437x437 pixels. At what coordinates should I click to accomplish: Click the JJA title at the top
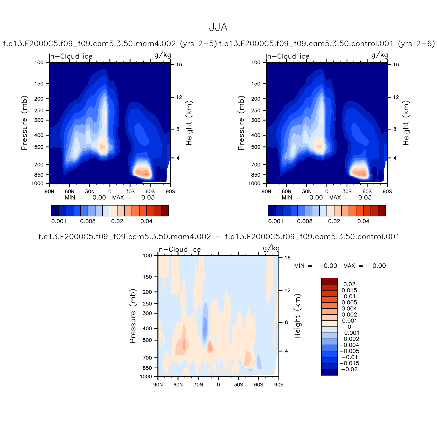[218, 28]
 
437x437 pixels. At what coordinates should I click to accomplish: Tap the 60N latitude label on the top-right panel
[286, 192]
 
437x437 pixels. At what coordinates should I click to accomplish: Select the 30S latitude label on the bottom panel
[238, 385]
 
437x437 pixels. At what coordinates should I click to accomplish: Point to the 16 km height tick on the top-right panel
[396, 65]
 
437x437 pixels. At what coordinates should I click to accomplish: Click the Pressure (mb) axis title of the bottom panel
[132, 316]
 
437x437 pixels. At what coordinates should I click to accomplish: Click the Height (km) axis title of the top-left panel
[189, 123]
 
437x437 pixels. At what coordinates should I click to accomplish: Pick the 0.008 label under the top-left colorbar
[88, 221]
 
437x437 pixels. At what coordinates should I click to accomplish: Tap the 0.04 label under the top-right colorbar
[363, 221]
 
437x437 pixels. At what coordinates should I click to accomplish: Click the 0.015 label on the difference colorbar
[349, 290]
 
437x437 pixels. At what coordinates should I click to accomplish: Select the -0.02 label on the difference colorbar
[349, 369]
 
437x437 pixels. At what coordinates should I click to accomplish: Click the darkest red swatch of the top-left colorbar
[165, 210]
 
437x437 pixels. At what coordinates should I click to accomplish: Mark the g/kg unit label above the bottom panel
[271, 248]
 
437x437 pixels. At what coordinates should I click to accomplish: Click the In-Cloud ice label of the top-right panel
[288, 56]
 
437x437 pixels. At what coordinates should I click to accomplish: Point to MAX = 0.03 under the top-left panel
[133, 198]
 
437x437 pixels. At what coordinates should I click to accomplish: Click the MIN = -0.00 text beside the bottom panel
[315, 266]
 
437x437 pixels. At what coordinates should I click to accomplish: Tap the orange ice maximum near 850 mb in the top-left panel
[143, 173]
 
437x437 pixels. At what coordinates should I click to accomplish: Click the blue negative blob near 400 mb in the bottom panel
[205, 324]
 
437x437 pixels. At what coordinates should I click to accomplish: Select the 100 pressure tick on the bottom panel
[147, 256]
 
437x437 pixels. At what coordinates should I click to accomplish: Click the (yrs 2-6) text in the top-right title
[416, 44]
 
